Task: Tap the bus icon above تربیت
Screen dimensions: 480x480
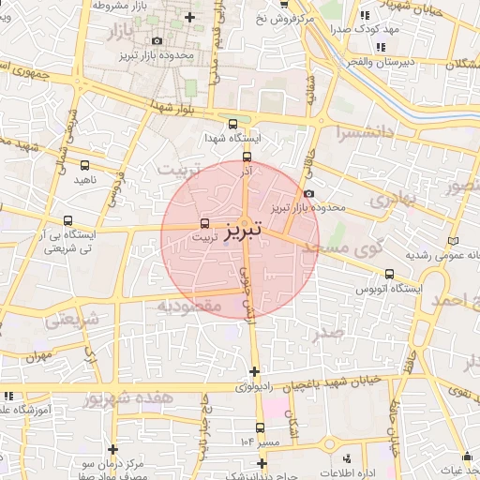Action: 205,223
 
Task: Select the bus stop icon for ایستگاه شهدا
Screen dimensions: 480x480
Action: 233,124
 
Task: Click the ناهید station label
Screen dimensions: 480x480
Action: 85,178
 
